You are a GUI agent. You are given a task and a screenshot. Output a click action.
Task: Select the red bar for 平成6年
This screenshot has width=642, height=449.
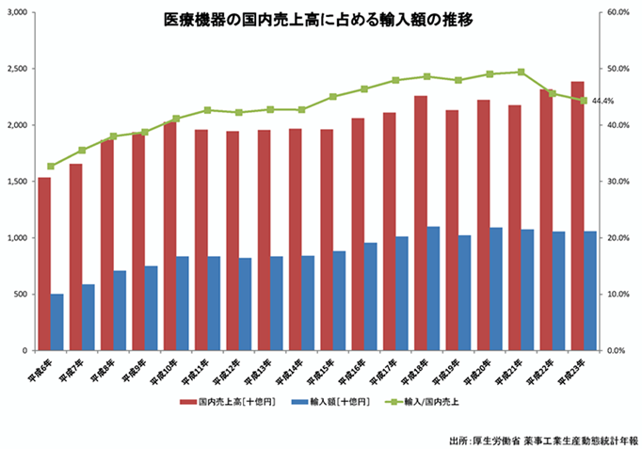(43, 264)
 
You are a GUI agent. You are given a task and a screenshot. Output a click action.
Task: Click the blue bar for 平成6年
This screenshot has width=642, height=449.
(56, 322)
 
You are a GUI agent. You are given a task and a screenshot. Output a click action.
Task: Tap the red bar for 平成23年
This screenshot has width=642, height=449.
(577, 216)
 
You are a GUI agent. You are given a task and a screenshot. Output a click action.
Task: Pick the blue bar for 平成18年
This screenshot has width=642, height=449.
(433, 288)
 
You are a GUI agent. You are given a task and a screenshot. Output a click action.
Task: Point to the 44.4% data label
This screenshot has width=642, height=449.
(603, 101)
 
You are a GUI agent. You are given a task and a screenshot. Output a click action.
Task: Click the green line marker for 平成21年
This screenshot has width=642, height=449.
(522, 72)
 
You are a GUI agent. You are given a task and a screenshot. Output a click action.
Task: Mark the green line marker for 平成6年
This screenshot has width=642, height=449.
(51, 166)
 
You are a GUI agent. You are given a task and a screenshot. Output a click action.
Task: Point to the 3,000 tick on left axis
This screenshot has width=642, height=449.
(16, 12)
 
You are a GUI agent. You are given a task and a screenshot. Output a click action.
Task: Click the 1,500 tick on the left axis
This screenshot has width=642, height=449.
(16, 181)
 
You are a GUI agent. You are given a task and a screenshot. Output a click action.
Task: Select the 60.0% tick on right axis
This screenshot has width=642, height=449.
(618, 12)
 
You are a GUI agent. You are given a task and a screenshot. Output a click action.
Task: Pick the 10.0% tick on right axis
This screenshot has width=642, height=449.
(618, 294)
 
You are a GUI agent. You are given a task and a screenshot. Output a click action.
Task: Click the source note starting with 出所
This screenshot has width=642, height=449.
(544, 440)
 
